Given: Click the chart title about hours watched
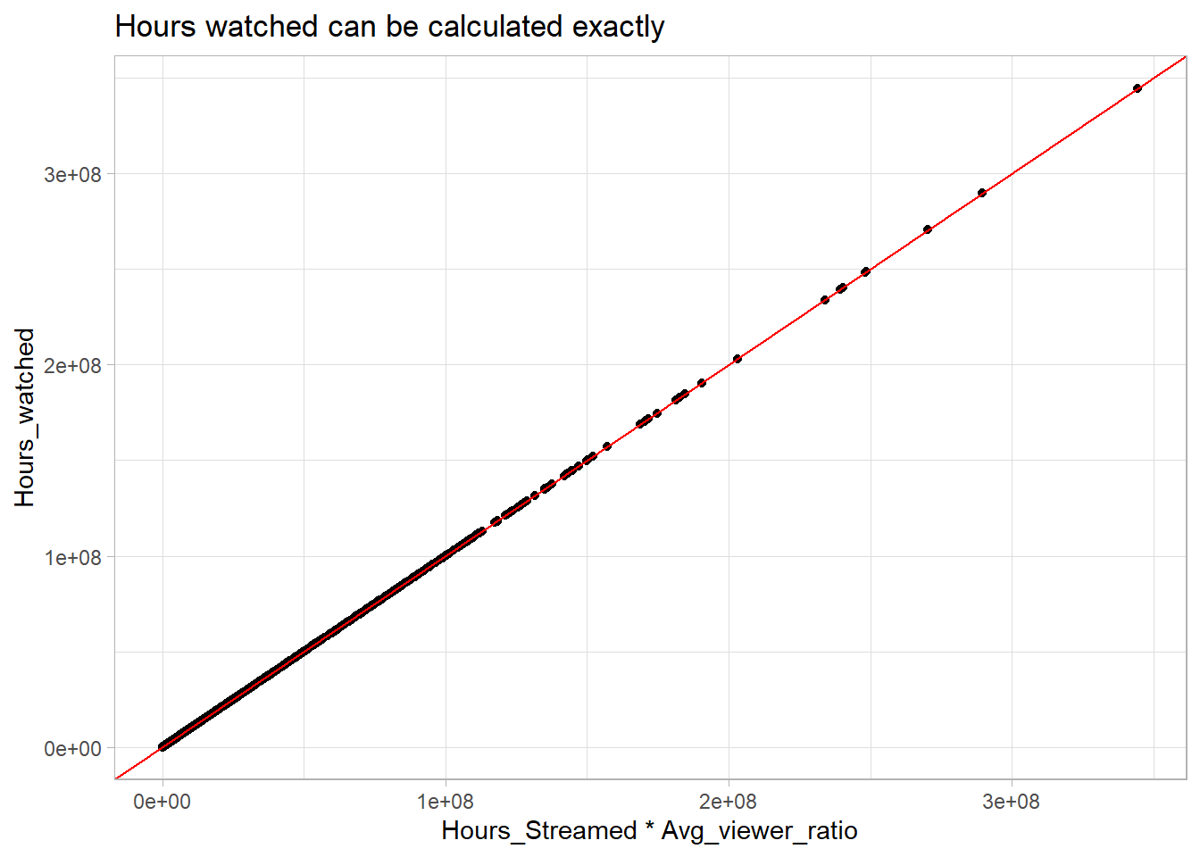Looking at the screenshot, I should point(389,27).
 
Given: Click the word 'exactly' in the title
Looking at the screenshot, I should point(618,27).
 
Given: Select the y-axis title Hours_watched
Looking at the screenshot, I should point(24,417).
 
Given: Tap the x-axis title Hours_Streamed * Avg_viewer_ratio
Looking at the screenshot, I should point(649,830).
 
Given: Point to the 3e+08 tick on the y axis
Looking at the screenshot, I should point(73,174).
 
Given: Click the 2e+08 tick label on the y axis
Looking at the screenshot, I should point(73,365).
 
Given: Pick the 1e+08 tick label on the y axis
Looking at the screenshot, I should point(73,557).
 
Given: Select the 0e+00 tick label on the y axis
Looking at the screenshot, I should point(73,748).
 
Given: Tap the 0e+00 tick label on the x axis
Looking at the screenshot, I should point(162,801).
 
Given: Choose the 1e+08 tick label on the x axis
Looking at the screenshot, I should point(445,801).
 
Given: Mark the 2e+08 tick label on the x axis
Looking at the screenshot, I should point(728,801).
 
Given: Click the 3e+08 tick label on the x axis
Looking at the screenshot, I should point(1011,801).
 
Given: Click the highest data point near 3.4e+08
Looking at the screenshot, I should point(1137,88).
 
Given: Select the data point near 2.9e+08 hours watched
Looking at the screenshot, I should point(981,193).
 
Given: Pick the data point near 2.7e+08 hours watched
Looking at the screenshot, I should point(927,229).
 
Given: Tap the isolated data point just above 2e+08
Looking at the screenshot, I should point(737,359).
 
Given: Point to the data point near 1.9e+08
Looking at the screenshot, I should point(701,383).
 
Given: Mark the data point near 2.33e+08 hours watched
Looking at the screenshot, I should point(824,300).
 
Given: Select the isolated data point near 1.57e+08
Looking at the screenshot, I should point(606,446).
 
